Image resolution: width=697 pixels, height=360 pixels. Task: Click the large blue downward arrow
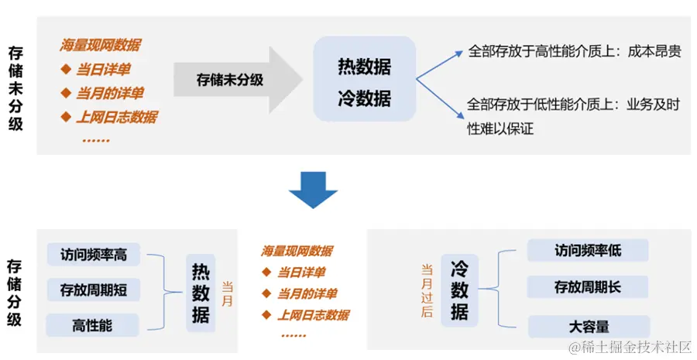pos(313,188)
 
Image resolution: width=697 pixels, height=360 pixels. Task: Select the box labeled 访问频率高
pos(93,254)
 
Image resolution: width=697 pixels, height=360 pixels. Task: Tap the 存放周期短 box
pos(93,290)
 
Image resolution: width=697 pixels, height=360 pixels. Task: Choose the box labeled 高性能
pos(92,326)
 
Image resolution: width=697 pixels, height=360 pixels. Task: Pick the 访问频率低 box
pos(587,251)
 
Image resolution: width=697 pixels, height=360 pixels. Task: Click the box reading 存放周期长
pos(587,287)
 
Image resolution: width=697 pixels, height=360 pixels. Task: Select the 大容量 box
pos(587,326)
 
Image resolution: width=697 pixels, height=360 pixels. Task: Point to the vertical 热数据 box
pos(201,293)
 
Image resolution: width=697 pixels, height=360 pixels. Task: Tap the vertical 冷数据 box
pos(459,290)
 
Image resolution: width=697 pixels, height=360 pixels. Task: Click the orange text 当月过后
pos(427,290)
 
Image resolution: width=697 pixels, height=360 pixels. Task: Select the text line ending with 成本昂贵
pos(575,53)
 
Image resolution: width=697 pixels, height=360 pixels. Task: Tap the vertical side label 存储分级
pos(15,293)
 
